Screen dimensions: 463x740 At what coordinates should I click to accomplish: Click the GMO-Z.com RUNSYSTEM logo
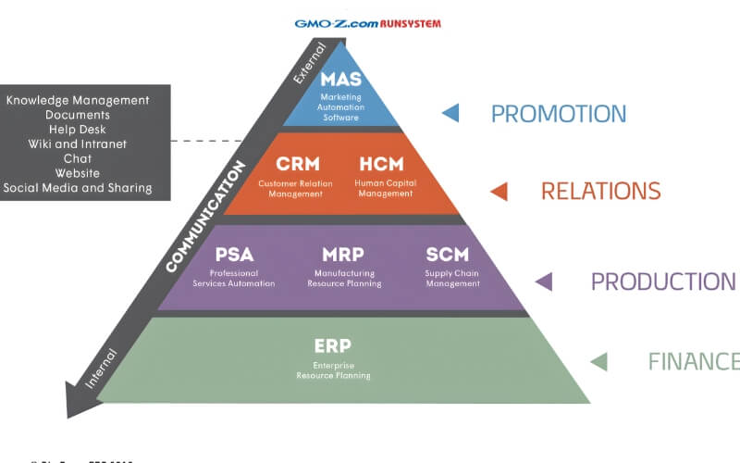point(367,23)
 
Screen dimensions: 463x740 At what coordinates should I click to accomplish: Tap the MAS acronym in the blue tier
point(341,80)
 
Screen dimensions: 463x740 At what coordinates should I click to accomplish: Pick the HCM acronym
point(381,164)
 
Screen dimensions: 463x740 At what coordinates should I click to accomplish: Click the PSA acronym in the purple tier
point(234,254)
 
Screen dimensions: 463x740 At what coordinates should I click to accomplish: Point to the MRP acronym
point(343,254)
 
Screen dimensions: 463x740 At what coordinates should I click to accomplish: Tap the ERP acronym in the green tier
point(333,345)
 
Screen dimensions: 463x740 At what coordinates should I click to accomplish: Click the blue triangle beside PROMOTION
point(450,113)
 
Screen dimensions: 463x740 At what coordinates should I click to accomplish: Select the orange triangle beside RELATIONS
point(499,192)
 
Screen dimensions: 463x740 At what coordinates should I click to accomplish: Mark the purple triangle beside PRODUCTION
point(544,282)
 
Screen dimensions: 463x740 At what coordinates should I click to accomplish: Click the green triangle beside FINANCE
point(598,361)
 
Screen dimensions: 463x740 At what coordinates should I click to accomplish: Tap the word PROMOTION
point(559,114)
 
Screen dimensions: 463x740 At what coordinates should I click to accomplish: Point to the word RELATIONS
point(600,192)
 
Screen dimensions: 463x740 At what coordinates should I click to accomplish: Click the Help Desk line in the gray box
point(77,130)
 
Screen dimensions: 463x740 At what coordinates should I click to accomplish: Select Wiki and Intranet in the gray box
point(77,144)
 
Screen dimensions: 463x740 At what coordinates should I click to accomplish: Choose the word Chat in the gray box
point(77,158)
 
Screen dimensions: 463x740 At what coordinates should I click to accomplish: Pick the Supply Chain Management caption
point(452,279)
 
